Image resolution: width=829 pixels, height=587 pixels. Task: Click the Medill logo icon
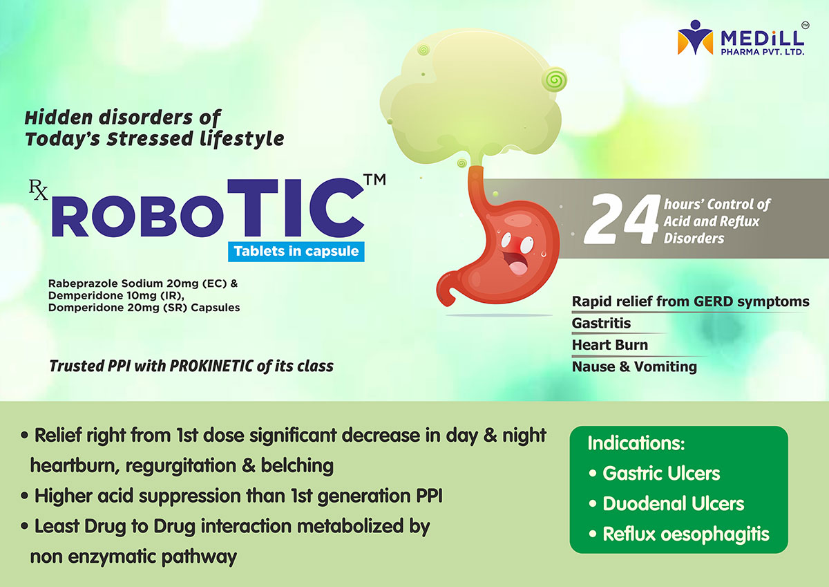pyautogui.click(x=695, y=37)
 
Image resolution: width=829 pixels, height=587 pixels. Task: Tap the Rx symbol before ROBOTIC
pyautogui.click(x=39, y=189)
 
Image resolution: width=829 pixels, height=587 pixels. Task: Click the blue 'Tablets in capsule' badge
pyautogui.click(x=296, y=252)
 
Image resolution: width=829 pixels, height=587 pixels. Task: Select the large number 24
pyautogui.click(x=622, y=219)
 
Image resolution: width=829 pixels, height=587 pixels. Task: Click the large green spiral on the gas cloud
pyautogui.click(x=554, y=80)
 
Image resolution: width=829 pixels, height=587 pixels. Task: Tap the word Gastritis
pyautogui.click(x=601, y=323)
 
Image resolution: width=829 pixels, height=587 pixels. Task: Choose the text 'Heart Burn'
pyautogui.click(x=610, y=345)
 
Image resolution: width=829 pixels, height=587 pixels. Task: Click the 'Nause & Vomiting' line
pyautogui.click(x=634, y=366)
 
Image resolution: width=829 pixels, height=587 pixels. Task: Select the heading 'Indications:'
pyautogui.click(x=636, y=443)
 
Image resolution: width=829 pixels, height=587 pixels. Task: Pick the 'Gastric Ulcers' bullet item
pyautogui.click(x=654, y=474)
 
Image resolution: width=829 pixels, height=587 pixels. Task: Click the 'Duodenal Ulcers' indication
pyautogui.click(x=667, y=503)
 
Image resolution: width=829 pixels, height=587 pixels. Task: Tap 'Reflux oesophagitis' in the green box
pyautogui.click(x=679, y=534)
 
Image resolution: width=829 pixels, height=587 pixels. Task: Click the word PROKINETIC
pyautogui.click(x=211, y=366)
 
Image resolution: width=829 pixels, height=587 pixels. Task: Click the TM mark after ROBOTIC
pyautogui.click(x=375, y=180)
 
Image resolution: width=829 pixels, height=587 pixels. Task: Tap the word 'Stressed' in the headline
pyautogui.click(x=150, y=139)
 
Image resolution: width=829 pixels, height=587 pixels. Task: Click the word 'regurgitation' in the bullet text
pyautogui.click(x=180, y=466)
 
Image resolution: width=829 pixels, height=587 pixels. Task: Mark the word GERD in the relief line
pyautogui.click(x=714, y=301)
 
